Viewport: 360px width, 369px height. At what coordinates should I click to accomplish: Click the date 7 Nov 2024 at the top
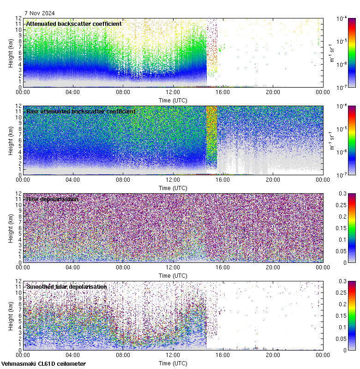[x=40, y=13]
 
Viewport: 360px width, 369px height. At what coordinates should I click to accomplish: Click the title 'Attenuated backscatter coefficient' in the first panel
[x=74, y=24]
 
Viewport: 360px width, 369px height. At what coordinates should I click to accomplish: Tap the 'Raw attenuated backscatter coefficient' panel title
[x=81, y=111]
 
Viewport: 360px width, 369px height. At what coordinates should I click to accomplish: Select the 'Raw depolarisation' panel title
[x=52, y=199]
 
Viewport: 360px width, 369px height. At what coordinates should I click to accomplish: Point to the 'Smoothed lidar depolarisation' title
[x=66, y=286]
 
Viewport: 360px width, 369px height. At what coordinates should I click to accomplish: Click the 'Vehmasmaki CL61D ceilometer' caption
[x=43, y=363]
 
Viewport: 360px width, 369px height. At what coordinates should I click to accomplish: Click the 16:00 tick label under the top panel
[x=223, y=92]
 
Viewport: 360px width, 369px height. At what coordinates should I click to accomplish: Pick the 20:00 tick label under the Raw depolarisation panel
[x=273, y=267]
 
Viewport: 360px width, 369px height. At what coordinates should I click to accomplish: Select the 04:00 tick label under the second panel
[x=73, y=179]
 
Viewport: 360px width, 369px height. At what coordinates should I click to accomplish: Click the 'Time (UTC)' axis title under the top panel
[x=173, y=100]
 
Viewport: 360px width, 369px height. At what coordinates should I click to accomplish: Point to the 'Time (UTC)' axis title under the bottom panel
[x=173, y=363]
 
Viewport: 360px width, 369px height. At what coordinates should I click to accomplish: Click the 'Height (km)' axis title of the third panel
[x=11, y=228]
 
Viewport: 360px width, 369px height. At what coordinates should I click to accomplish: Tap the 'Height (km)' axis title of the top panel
[x=11, y=53]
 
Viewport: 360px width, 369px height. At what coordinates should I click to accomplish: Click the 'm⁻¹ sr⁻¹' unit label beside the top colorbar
[x=331, y=53]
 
